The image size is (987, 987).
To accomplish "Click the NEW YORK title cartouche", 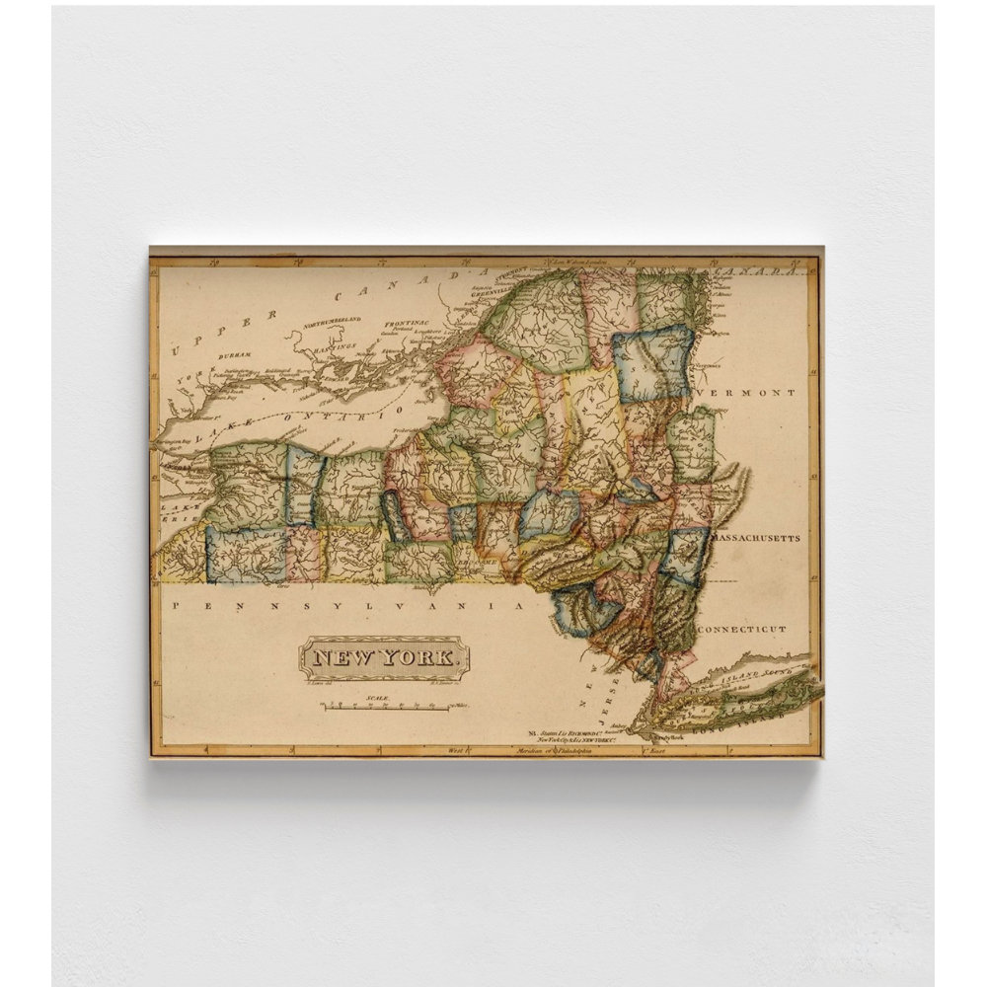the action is (x=385, y=657).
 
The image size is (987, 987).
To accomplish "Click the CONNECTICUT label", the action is (x=742, y=629).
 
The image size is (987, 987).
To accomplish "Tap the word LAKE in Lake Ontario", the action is (x=209, y=434).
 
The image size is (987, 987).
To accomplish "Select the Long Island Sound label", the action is (x=755, y=675).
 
